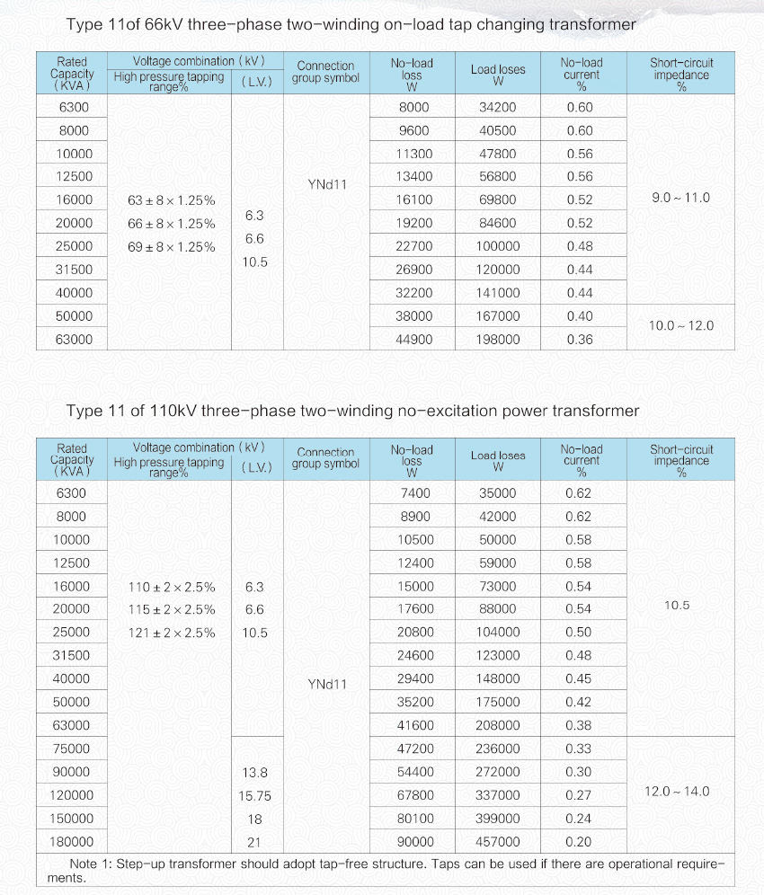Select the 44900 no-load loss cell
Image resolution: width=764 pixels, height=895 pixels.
click(414, 340)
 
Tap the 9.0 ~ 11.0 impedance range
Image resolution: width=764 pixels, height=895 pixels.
click(680, 198)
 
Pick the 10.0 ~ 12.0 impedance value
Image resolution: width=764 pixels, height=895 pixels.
click(680, 326)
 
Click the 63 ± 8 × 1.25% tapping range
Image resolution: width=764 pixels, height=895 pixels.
click(171, 200)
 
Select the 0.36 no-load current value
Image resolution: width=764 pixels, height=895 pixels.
click(580, 340)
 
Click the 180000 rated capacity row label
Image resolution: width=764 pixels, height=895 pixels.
click(72, 842)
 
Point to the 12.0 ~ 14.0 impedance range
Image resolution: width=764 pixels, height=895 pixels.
click(677, 792)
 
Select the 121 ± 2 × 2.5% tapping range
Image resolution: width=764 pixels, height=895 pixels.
click(171, 634)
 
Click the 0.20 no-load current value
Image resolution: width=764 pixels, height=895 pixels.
click(580, 842)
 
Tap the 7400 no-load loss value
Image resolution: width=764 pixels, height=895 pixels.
click(414, 493)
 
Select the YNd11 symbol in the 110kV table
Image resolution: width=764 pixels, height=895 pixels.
click(327, 685)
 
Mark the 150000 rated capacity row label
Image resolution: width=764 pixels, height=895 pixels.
click(72, 819)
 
